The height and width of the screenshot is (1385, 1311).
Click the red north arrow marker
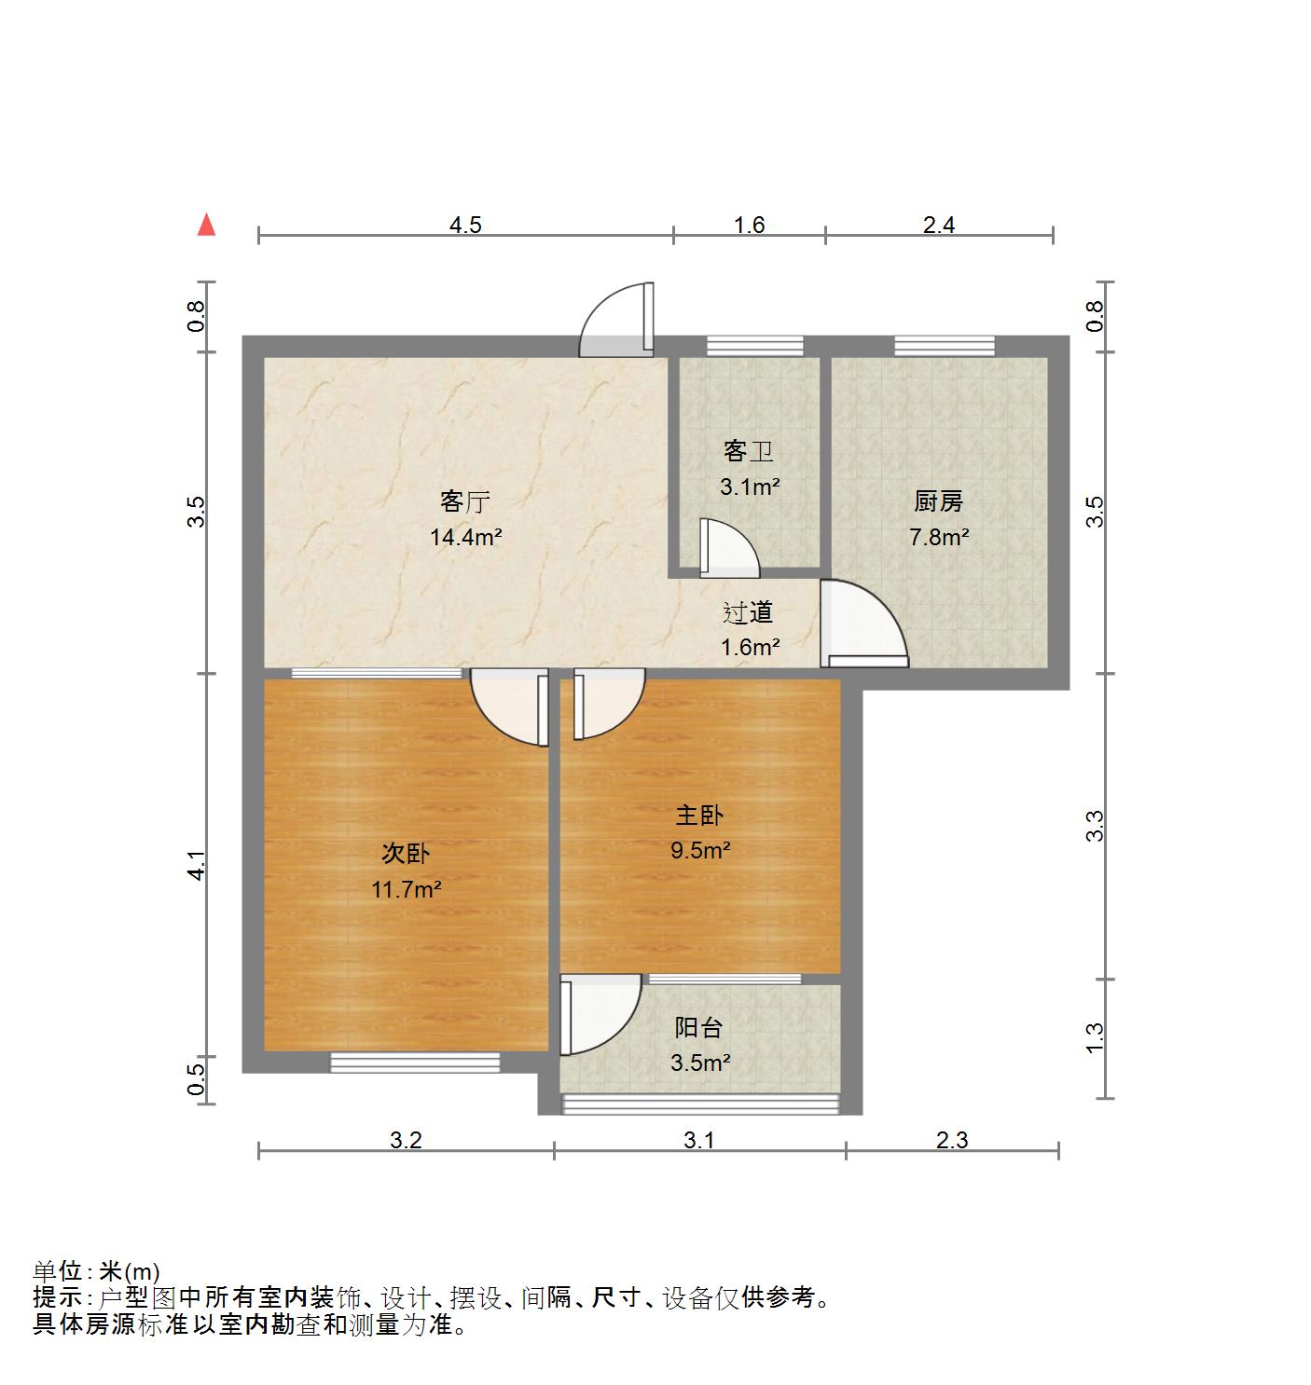(207, 226)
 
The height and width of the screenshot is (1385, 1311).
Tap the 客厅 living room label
(465, 501)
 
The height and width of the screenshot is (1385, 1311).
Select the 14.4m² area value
(465, 537)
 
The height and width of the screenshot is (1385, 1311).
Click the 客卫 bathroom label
(749, 451)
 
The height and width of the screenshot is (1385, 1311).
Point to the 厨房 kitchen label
(938, 501)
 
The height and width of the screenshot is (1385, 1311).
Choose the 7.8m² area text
(938, 537)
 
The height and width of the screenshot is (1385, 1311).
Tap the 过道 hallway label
(749, 612)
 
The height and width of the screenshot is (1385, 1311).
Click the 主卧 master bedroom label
(699, 816)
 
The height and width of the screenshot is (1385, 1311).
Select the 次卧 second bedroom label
(406, 854)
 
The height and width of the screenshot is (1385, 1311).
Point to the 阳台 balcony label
(699, 1028)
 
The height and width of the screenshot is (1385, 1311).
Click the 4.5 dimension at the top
(465, 225)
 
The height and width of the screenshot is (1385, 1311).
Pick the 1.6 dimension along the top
(749, 225)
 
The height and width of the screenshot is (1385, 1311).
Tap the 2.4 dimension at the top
(939, 225)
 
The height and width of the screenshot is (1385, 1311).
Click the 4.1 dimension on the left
(196, 866)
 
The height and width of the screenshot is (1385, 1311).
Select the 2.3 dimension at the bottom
(952, 1140)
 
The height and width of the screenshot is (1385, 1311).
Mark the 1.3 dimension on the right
(1095, 1038)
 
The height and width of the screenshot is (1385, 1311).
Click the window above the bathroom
(754, 346)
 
